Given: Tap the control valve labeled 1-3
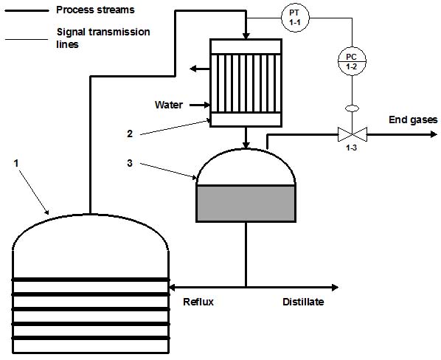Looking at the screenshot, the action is click(x=352, y=134).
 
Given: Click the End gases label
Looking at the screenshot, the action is click(x=413, y=120).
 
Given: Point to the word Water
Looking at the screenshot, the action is click(x=168, y=105).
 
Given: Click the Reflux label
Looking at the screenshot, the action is click(x=198, y=302).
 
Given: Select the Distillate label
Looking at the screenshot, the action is click(x=303, y=302).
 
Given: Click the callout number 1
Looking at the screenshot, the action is click(x=16, y=163).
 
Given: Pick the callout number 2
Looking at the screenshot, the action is click(x=130, y=134).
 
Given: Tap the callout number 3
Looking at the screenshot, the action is click(x=130, y=163).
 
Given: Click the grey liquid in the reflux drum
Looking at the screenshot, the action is click(x=246, y=204).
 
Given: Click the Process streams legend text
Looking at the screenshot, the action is click(x=95, y=10).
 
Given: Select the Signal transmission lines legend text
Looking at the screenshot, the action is click(x=103, y=38).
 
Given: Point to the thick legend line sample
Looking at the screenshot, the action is click(x=27, y=10).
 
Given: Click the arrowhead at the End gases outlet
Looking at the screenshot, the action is click(x=434, y=134).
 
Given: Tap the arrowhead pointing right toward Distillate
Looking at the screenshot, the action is click(x=335, y=288).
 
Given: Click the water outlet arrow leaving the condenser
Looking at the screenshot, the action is click(x=200, y=69).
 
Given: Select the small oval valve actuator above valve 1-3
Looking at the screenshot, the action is click(x=352, y=108).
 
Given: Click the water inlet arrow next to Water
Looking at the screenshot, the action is click(x=200, y=105).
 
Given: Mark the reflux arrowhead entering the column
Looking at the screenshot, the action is click(x=172, y=288).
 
